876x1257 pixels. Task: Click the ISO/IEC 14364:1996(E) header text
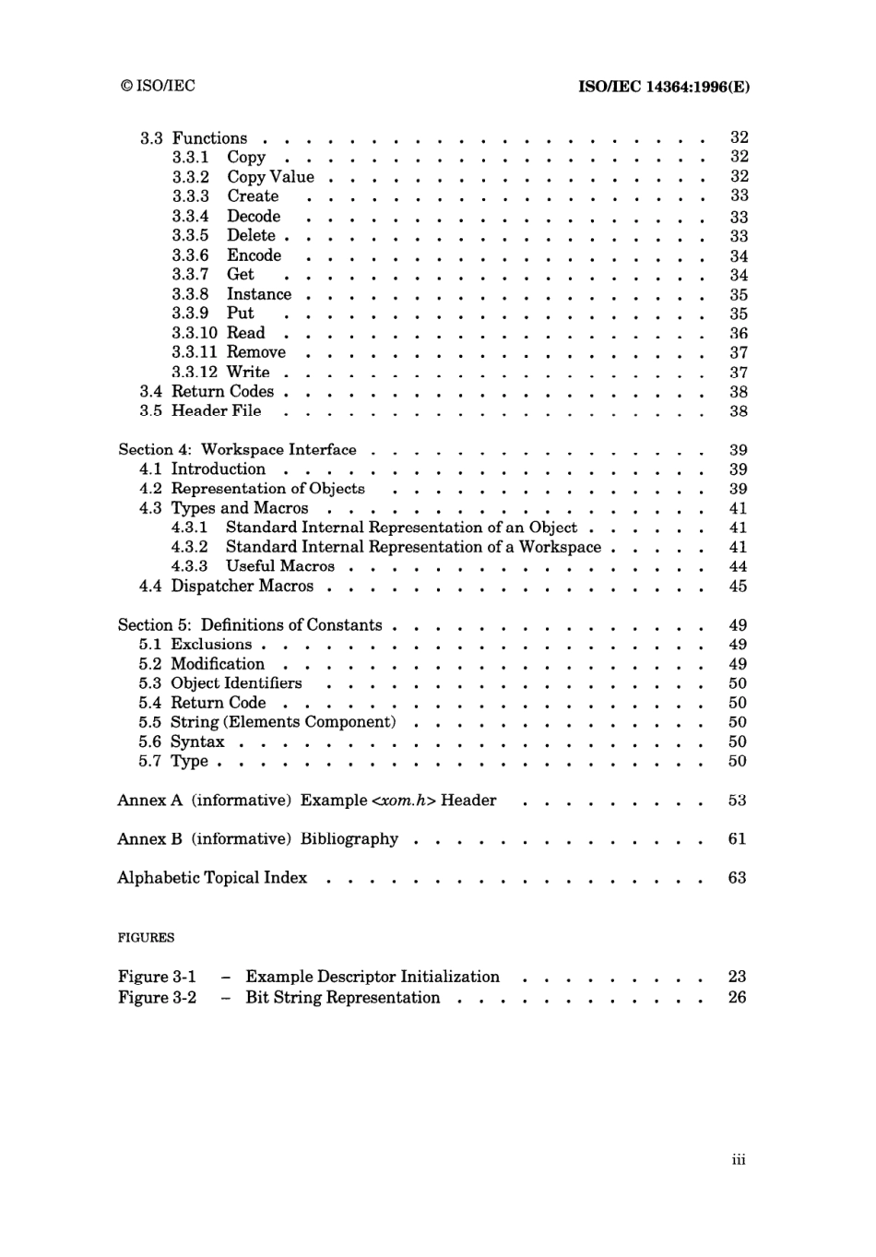(x=663, y=87)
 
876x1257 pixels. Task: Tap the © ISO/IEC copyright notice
(x=158, y=86)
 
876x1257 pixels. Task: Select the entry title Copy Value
(x=270, y=177)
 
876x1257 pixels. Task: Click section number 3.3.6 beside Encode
(x=190, y=255)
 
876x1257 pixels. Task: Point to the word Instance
(x=259, y=294)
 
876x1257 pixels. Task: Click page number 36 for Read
(x=738, y=333)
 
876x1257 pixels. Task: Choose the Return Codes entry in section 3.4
(x=223, y=391)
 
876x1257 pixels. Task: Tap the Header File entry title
(x=216, y=410)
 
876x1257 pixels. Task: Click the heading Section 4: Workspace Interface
(x=237, y=450)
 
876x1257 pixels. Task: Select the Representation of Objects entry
(x=267, y=489)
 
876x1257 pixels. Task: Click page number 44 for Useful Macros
(x=738, y=566)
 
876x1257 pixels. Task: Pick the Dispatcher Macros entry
(x=242, y=586)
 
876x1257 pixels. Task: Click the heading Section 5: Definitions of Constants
(x=250, y=625)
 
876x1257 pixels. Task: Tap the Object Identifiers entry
(x=236, y=683)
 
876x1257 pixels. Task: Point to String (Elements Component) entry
(x=283, y=722)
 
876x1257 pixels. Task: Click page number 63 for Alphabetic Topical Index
(x=737, y=878)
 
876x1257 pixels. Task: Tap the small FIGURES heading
(x=146, y=938)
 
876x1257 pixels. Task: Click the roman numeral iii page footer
(x=738, y=1160)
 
